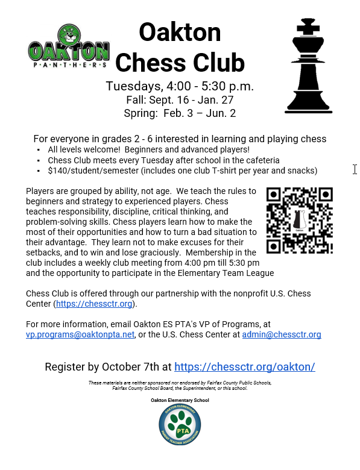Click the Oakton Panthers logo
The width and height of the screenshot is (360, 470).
click(69, 46)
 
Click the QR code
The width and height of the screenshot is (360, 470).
click(299, 220)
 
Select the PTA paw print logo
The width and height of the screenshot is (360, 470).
click(180, 427)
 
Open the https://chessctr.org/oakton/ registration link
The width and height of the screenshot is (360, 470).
click(245, 366)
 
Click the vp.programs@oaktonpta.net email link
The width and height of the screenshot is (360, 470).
click(80, 334)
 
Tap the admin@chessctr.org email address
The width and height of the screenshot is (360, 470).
click(282, 334)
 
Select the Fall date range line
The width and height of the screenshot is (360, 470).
click(180, 99)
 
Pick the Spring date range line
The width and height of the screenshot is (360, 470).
click(180, 113)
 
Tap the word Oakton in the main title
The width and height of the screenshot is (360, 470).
click(180, 32)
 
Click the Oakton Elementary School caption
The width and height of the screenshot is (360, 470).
click(180, 399)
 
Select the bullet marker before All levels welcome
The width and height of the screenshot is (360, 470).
click(39, 149)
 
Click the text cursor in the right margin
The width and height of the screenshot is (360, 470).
click(355, 169)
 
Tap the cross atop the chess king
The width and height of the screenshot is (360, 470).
click(309, 26)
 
